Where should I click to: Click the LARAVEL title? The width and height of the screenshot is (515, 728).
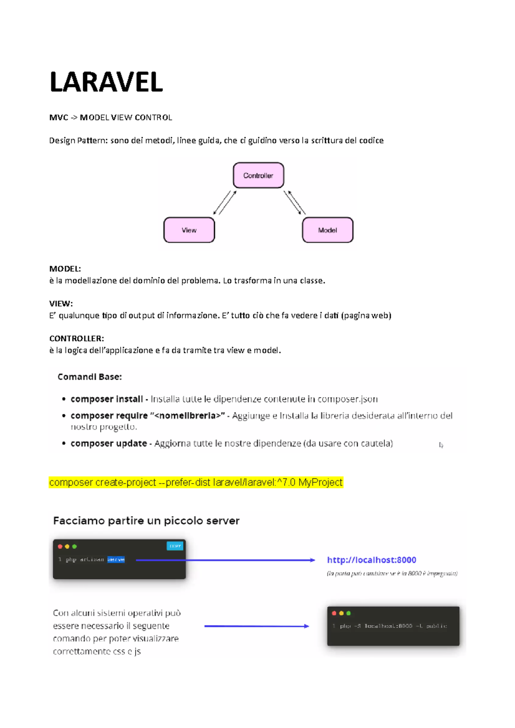[x=106, y=82]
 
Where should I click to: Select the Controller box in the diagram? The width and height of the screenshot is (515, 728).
[x=258, y=175]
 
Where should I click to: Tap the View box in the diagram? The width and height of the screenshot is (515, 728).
[x=189, y=230]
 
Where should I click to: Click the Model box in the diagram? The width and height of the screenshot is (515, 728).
[x=327, y=230]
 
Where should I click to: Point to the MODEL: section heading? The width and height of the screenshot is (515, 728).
[x=65, y=269]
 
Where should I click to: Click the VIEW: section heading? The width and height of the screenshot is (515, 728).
[x=61, y=304]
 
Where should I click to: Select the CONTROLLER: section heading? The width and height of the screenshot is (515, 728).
[x=76, y=338]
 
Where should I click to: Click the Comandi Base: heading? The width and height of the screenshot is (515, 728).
[x=90, y=377]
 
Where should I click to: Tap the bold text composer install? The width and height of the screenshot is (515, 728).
[x=106, y=399]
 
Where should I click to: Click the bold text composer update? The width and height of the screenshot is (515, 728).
[x=109, y=443]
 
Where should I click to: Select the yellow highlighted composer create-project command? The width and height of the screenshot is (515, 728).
[x=196, y=482]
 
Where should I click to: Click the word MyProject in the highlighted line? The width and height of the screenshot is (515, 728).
[x=320, y=482]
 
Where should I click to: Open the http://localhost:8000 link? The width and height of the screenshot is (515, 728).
[x=372, y=560]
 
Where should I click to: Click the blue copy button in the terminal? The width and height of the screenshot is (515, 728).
[x=175, y=546]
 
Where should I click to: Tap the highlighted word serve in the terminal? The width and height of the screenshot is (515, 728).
[x=116, y=560]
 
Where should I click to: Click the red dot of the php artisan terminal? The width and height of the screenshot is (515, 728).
[x=60, y=547]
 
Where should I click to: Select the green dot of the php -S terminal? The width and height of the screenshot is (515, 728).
[x=348, y=613]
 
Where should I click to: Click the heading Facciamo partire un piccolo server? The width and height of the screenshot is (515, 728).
[x=146, y=521]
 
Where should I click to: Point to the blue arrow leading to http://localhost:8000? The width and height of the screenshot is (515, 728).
[x=225, y=560]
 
